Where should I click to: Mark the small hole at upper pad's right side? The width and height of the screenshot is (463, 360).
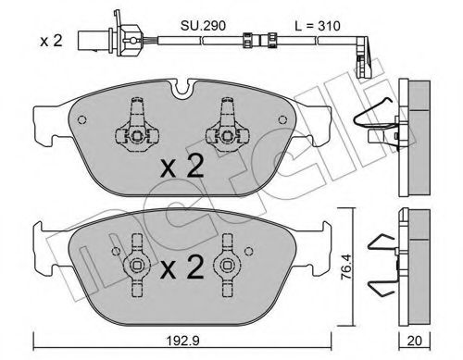278,120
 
